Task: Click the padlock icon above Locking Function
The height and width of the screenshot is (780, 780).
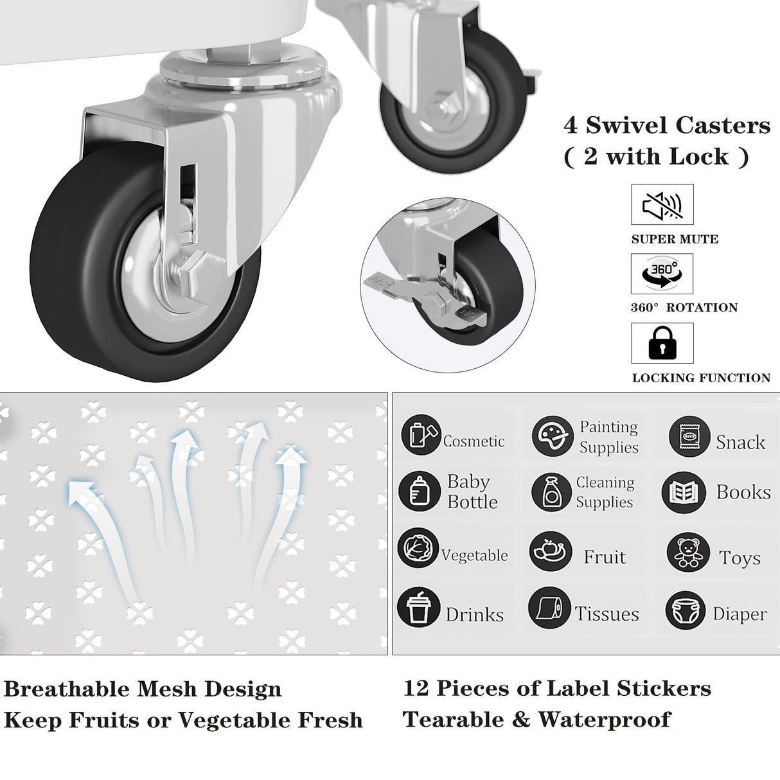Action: [662, 343]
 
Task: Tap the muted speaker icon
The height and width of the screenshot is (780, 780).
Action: [662, 205]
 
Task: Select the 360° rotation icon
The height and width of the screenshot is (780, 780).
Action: [662, 274]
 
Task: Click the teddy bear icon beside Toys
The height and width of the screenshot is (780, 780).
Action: [687, 552]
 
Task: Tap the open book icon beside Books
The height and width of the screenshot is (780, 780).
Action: [683, 493]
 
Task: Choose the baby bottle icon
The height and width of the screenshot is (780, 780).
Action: [419, 492]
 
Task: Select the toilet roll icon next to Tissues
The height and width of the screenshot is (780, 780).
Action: [549, 607]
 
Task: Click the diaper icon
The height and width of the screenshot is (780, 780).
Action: [686, 610]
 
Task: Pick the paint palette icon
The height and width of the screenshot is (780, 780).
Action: [552, 436]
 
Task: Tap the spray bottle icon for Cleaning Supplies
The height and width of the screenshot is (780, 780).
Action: [551, 492]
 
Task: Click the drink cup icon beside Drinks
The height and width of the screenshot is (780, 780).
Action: [418, 607]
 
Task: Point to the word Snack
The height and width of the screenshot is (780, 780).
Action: [740, 442]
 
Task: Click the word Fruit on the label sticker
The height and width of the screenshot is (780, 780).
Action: [604, 556]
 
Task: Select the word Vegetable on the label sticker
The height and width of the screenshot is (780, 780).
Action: [474, 555]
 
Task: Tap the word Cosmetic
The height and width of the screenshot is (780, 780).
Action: [474, 441]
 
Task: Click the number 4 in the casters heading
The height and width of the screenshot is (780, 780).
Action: [571, 125]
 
